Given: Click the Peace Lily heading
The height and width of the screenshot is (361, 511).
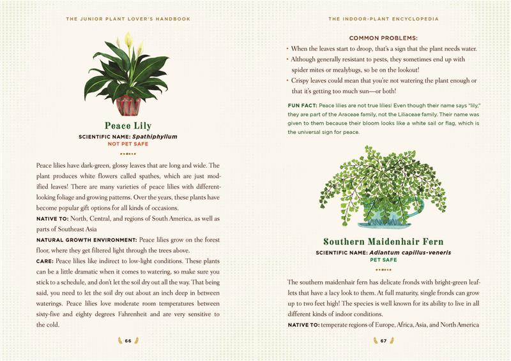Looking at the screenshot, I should [x=128, y=126].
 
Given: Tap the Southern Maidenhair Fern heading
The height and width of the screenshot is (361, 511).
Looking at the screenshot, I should [x=383, y=242].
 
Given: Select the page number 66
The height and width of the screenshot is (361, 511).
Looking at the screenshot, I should [x=128, y=341].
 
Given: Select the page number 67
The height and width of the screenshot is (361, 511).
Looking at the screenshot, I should [x=383, y=341].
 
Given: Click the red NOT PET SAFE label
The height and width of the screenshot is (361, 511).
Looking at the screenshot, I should [x=128, y=144].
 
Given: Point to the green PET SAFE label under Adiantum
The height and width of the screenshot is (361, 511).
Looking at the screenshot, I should [x=383, y=260].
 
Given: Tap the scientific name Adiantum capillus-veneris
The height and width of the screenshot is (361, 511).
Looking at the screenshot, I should [x=409, y=253].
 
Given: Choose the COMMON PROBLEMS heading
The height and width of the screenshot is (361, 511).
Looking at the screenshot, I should [x=383, y=38].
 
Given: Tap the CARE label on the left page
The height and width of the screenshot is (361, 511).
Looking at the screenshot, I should [x=45, y=261].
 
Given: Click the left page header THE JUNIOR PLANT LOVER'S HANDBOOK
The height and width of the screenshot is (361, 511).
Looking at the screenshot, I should [x=128, y=19].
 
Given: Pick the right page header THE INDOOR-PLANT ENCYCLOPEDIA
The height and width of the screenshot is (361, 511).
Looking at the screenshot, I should [x=383, y=19].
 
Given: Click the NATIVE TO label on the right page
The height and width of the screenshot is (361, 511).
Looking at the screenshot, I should [x=303, y=325].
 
